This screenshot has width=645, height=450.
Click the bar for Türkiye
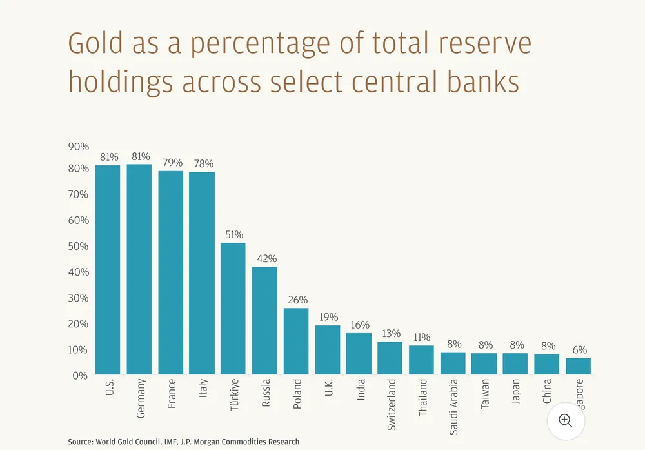point(233,309)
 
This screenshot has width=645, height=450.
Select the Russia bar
point(264,321)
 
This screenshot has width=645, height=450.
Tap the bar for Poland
point(296,342)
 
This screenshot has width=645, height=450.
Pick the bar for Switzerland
point(390,358)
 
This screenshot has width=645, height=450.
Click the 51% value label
point(233,235)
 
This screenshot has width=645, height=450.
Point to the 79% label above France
point(171,163)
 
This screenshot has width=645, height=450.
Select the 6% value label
point(579,350)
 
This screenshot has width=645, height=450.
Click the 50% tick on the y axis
point(78,246)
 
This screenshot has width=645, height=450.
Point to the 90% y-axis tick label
point(78,147)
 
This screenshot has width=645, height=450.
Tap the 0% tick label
point(81,375)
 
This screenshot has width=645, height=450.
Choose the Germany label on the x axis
point(141,398)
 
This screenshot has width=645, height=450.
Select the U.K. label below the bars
point(328,391)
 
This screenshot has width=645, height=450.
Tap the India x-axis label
point(360,393)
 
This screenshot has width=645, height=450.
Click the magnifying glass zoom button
point(566,421)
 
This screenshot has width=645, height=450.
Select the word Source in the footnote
point(81,442)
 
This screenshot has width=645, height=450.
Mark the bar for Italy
point(202,273)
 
